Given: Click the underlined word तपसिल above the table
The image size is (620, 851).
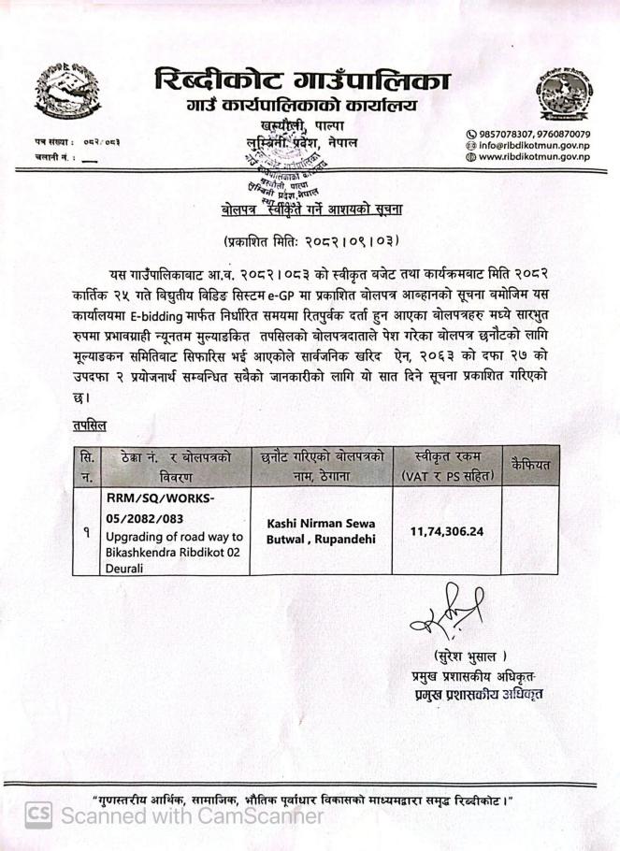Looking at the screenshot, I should [90, 425].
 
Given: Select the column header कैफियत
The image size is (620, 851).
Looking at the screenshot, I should [531, 464].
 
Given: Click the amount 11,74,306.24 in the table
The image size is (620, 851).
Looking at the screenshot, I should [447, 530].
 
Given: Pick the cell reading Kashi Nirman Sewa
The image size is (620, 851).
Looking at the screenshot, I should [321, 524].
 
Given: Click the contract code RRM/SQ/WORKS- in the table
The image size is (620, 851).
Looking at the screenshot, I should [160, 498].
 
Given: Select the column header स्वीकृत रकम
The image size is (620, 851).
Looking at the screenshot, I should [447, 456].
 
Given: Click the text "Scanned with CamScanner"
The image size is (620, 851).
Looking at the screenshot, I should [191, 815].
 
